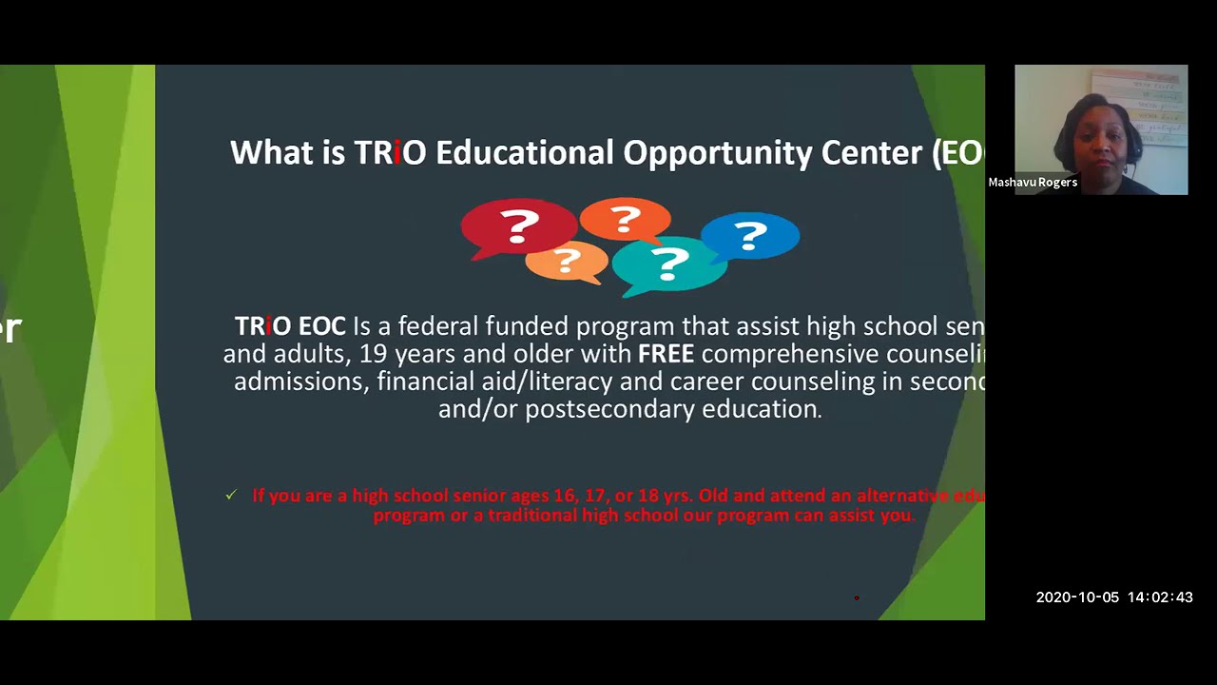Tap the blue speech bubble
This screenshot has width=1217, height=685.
(750, 235)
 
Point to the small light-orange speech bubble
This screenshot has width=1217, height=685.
(567, 260)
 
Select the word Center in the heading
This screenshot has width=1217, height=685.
(872, 153)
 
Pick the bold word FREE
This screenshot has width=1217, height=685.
(666, 354)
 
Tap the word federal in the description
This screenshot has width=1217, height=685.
(438, 326)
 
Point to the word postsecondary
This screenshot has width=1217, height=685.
(609, 409)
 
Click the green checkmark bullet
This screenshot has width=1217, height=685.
(231, 495)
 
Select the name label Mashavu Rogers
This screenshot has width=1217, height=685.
(1033, 183)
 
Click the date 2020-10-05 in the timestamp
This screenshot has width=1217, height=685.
(1077, 597)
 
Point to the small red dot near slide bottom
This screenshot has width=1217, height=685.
(857, 597)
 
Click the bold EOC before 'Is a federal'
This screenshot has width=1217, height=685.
(321, 326)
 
